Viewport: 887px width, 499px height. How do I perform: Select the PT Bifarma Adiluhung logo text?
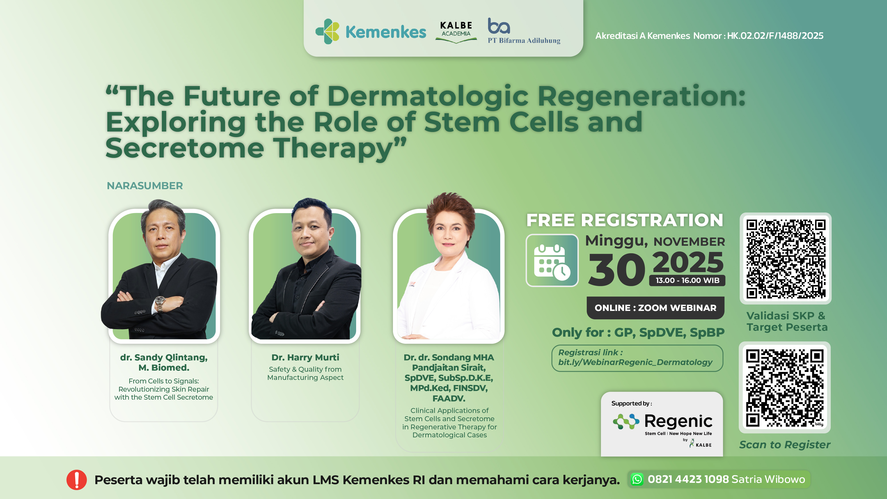tap(524, 40)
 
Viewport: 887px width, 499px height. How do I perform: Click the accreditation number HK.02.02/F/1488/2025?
tap(775, 36)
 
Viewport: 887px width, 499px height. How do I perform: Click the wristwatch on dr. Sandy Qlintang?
tap(159, 303)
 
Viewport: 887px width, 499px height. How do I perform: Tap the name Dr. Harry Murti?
tap(305, 358)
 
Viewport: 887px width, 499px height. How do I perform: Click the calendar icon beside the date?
tap(552, 261)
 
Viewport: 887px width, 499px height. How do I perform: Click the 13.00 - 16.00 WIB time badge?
tap(687, 280)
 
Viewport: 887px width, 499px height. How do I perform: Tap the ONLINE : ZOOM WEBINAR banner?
tap(655, 308)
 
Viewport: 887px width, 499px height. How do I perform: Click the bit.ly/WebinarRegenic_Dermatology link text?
tap(635, 362)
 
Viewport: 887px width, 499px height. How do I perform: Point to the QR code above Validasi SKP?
tap(786, 258)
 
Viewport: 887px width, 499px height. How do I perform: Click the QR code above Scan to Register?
tap(785, 387)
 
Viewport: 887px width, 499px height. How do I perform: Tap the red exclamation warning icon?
tap(77, 479)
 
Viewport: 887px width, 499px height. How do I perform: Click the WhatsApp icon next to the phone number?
tap(637, 479)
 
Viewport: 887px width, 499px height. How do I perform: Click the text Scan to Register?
tap(785, 445)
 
